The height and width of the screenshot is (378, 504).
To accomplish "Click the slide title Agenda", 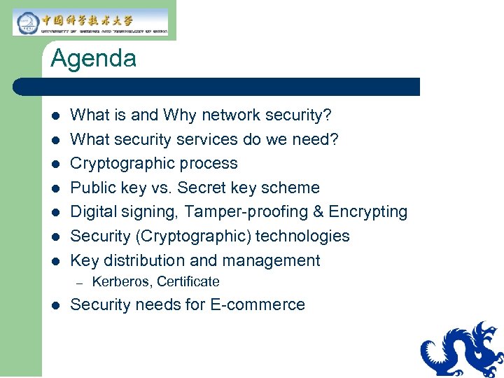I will click(93, 58).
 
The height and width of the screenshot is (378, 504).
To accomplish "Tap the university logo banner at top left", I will click(91, 22).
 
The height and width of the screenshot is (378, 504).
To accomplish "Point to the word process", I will click(210, 164).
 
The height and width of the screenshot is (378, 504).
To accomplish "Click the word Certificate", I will click(188, 282).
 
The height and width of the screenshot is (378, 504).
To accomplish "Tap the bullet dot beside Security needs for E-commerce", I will click(56, 305).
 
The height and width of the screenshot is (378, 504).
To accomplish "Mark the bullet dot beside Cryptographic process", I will click(56, 164).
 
